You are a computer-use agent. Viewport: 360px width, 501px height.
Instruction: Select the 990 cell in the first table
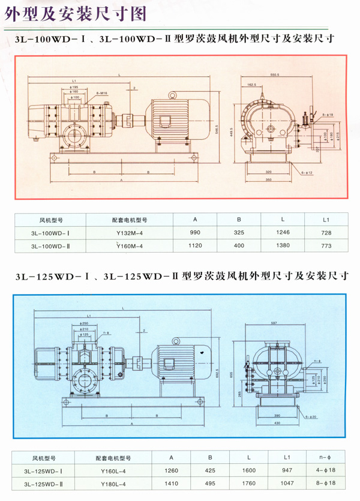tap(195, 233)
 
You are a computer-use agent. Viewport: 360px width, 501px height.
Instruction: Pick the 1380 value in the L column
tap(283, 246)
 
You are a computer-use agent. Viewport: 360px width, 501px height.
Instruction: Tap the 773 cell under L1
tap(326, 246)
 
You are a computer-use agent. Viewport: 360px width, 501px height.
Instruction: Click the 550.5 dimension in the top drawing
tap(275, 74)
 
